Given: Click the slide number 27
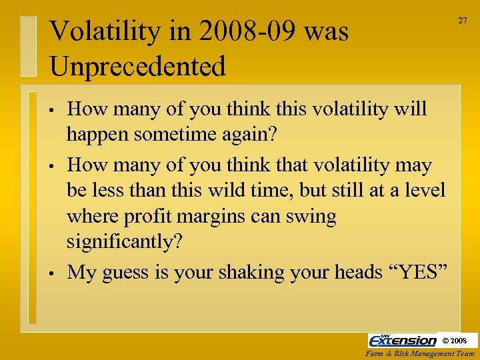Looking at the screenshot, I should tap(462, 21).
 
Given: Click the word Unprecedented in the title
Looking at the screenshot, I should tap(137, 66).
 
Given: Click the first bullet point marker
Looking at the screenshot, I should tap(51, 109).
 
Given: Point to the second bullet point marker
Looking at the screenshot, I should tap(51, 165).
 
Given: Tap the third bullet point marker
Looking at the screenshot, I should tap(51, 273).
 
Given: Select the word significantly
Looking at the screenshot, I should tap(124, 241).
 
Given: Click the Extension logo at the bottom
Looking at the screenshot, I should tap(403, 340).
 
